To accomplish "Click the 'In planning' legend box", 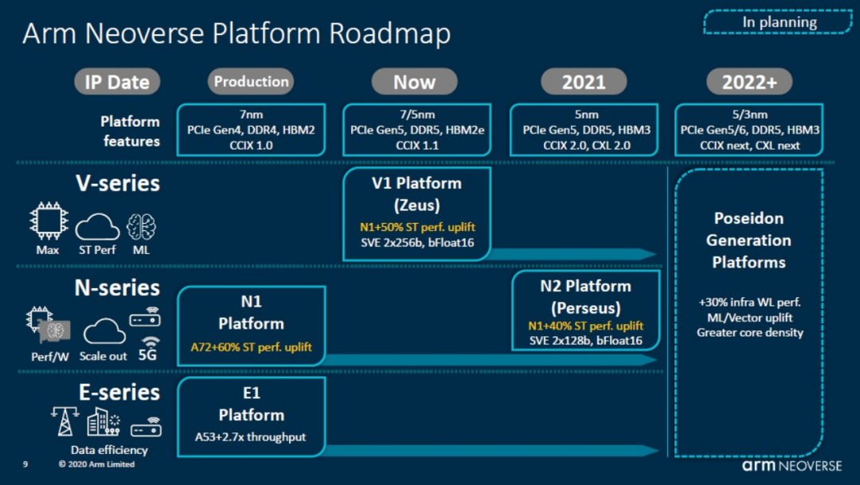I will [x=779, y=22].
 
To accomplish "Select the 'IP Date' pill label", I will [x=117, y=81].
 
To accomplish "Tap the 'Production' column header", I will [x=251, y=81].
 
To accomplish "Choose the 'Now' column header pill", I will [x=414, y=81].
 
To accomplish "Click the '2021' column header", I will [x=584, y=81].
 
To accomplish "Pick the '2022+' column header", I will [x=749, y=81].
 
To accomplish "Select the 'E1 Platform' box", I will [x=251, y=414].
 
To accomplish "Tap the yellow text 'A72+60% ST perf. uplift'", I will [x=251, y=347].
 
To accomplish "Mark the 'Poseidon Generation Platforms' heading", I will [x=749, y=240].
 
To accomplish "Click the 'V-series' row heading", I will [x=118, y=183].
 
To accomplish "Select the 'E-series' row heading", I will [x=118, y=392].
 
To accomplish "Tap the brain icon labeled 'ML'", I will [x=141, y=225].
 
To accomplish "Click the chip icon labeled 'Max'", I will [x=47, y=222].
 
